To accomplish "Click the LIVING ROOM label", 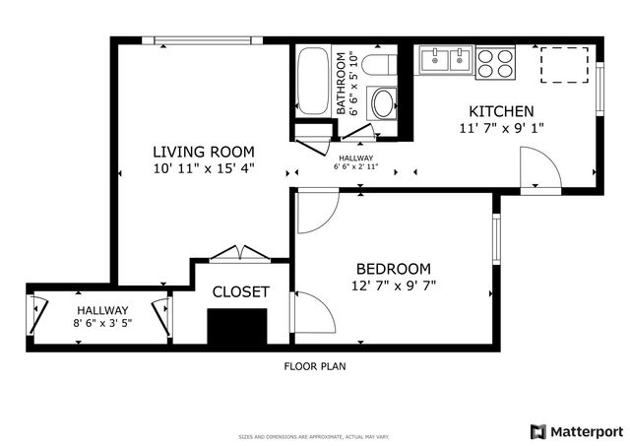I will pos(203,152).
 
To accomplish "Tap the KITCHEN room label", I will pos(501,111).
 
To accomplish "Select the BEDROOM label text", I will pos(393,269).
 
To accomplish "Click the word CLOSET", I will pos(241,291).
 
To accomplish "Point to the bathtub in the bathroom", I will pos(313,81).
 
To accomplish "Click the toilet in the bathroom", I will pos(377,66).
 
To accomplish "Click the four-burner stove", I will pos(497,62).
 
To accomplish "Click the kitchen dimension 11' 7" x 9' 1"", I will pos(501,128).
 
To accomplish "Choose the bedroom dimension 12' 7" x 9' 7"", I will pos(393,286).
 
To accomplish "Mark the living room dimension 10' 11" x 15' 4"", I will pos(203,168).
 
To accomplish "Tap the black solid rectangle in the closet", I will pos(238,325).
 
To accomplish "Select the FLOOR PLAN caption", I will pos(315,365).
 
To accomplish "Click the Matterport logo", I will pos(576,431).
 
